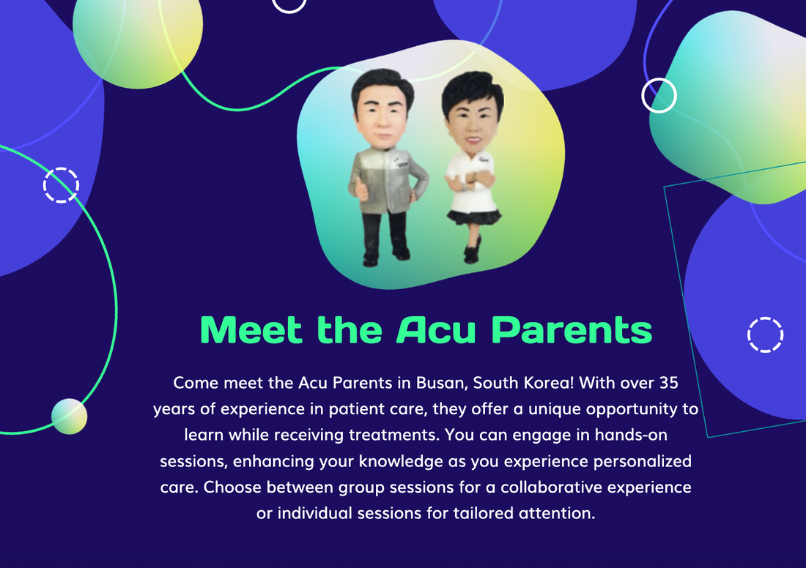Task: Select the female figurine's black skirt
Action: [x=474, y=217]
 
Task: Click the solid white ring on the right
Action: [x=659, y=96]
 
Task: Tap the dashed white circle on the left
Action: [x=61, y=184]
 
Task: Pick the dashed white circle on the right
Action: [x=765, y=335]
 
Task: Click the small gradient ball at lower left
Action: [x=69, y=416]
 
